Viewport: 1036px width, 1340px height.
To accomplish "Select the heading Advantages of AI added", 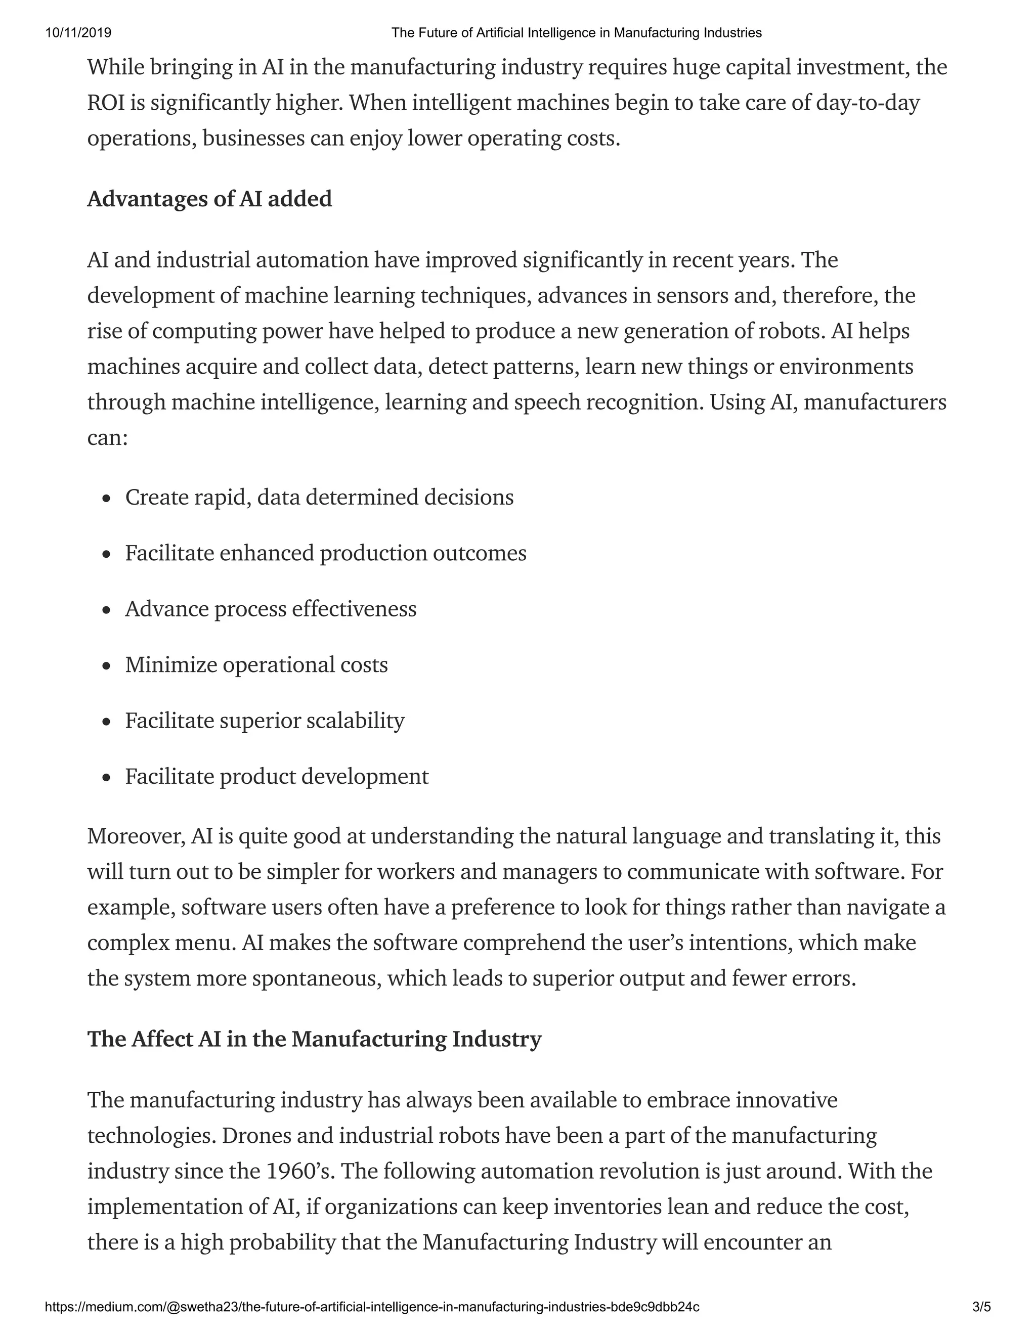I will click(x=209, y=199).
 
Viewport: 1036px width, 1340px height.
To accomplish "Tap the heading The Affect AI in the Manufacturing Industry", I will click(x=314, y=1039).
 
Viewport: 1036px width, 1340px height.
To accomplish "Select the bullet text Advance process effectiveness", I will click(x=271, y=609).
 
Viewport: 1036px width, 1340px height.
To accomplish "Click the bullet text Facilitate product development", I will click(x=277, y=776).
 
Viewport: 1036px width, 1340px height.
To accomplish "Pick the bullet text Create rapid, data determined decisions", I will click(x=319, y=497).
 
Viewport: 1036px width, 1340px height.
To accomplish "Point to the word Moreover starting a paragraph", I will click(x=136, y=836).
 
